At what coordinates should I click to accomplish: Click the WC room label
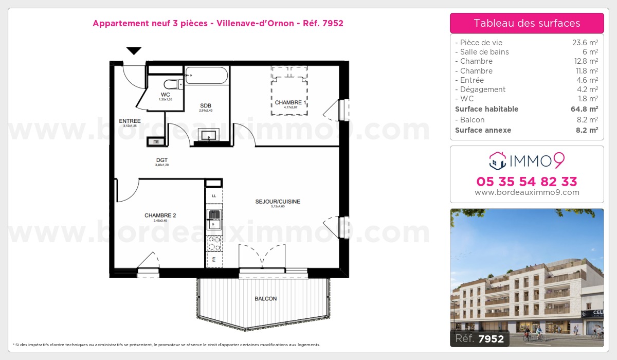pos(165,95)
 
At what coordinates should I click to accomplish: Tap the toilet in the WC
pos(169,84)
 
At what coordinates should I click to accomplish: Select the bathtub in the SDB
pos(206,76)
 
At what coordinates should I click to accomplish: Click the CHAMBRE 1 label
pos(291,103)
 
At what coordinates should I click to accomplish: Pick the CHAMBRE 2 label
pos(160,215)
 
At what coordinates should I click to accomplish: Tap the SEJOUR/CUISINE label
pos(278,202)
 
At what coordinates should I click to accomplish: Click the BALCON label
pos(265,299)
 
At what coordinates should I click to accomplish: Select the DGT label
pos(162,160)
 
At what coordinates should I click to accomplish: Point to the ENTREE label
pos(130,121)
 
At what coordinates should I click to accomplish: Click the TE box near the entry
pos(156,141)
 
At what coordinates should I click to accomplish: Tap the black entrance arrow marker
pos(134,50)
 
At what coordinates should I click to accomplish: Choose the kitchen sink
pos(214,219)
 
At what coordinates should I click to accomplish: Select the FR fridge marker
pos(214,259)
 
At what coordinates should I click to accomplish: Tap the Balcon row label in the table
pos(469,119)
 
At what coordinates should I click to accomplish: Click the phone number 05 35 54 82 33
pos(527,182)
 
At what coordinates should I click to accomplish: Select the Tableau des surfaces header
pos(527,23)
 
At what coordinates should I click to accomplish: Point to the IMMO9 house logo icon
pos(497,161)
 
